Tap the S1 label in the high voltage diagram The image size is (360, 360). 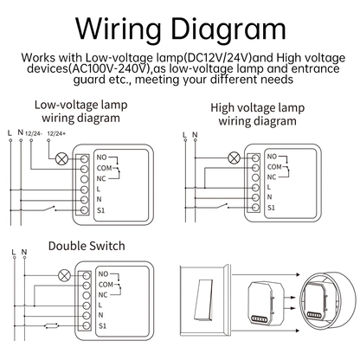pos(271,209)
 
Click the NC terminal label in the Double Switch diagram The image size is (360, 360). pos(103,293)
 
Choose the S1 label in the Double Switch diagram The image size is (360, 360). pos(102,325)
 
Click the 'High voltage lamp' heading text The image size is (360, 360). pos(257,108)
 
